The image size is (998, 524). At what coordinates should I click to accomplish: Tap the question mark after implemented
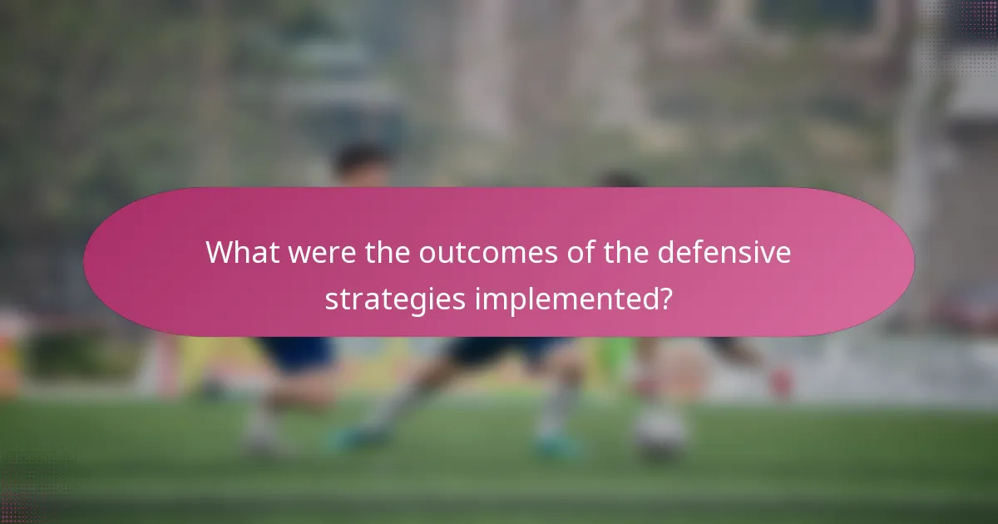665,299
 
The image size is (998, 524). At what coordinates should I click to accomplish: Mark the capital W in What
220,252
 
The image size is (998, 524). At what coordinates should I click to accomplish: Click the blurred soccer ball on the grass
661,432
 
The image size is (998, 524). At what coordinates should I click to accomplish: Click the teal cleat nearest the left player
349,437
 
